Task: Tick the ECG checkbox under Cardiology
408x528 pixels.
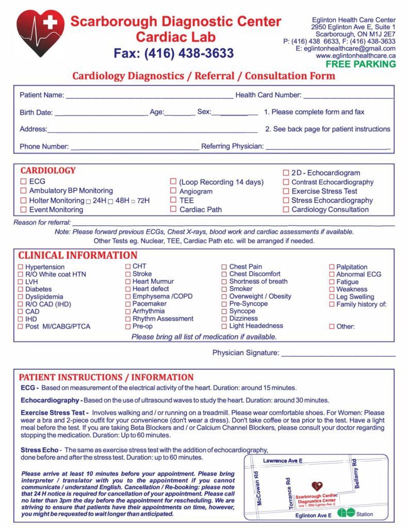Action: click(x=23, y=181)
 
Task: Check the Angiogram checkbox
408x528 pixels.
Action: click(x=173, y=191)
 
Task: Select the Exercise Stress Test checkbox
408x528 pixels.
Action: click(x=286, y=191)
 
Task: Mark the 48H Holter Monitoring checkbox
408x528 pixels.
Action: click(x=111, y=201)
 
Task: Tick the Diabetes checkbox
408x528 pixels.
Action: click(x=21, y=289)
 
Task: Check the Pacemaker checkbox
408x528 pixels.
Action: click(x=128, y=304)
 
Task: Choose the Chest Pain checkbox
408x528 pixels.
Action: click(x=224, y=267)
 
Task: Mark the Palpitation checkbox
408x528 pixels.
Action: click(x=332, y=267)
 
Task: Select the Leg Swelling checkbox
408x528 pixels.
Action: click(x=332, y=297)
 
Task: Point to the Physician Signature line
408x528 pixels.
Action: click(x=338, y=355)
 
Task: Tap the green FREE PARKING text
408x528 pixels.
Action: click(x=361, y=64)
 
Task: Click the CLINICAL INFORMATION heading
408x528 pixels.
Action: click(x=78, y=255)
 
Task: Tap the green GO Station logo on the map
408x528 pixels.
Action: click(x=346, y=513)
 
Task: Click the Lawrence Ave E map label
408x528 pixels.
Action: click(x=283, y=460)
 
